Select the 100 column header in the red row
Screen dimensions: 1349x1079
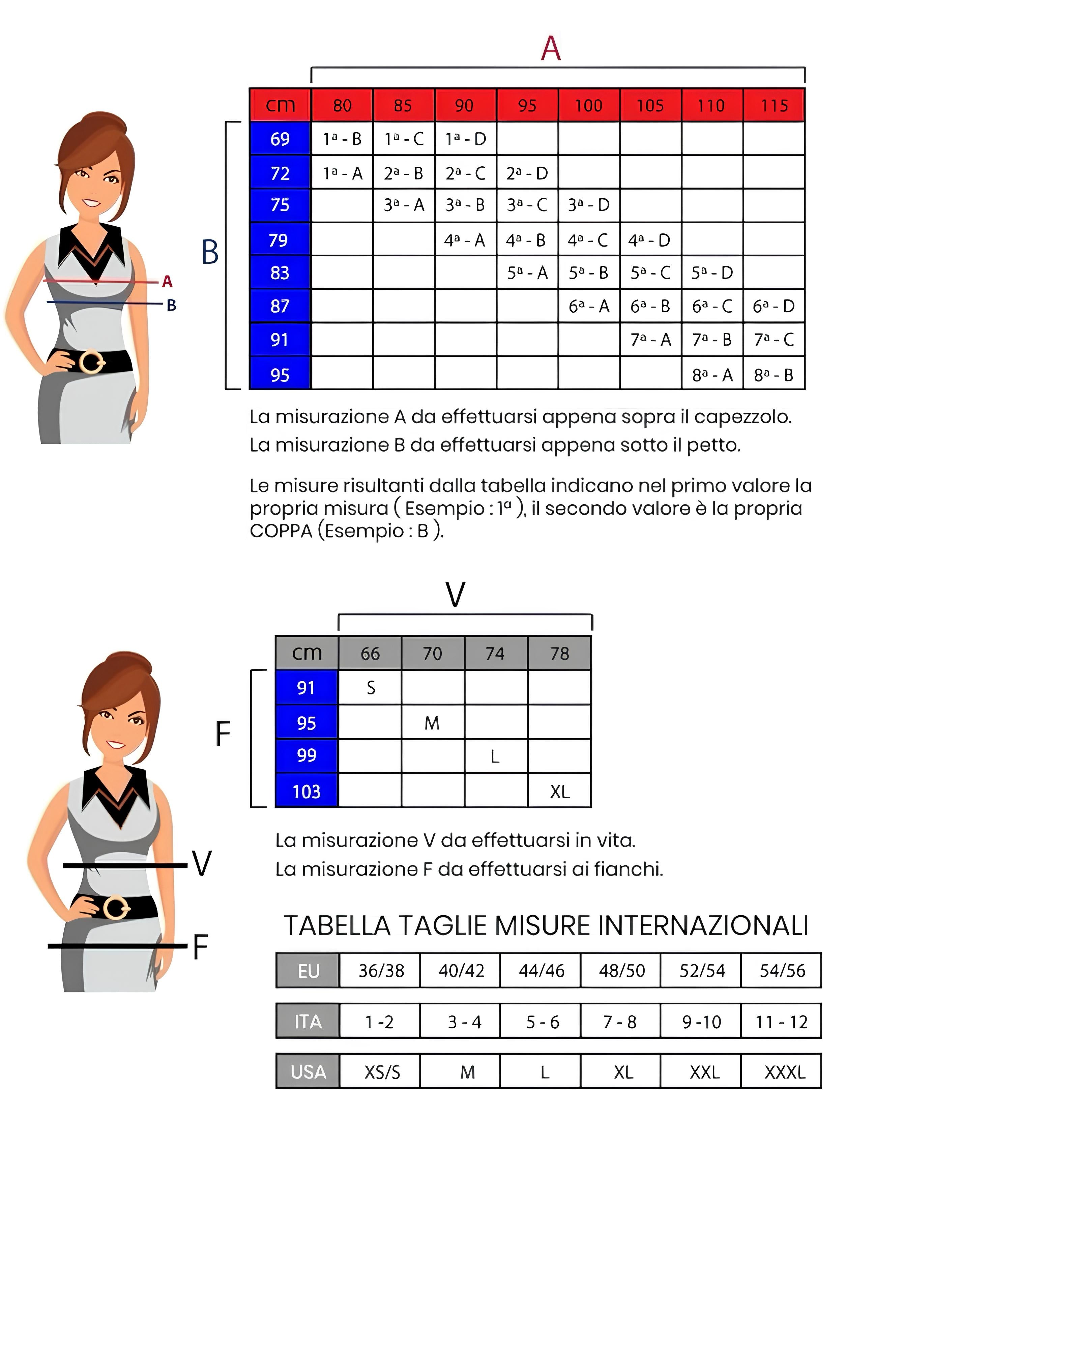point(589,105)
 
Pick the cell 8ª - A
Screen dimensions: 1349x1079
point(712,375)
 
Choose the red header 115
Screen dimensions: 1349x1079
point(774,105)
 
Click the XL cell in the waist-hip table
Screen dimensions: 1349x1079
point(559,792)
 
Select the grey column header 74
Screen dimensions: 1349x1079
point(495,653)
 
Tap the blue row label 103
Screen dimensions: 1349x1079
point(306,792)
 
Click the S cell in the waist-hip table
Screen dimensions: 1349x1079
point(370,688)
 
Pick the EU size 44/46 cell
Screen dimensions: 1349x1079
point(541,971)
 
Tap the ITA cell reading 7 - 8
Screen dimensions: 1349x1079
point(619,1022)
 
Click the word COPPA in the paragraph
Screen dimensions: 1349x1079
point(280,530)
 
